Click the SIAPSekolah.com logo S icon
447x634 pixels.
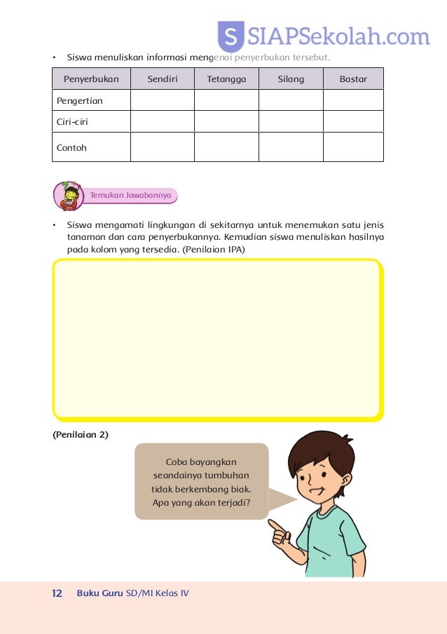[231, 37]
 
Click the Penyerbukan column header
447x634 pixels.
[91, 79]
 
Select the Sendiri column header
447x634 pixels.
[163, 79]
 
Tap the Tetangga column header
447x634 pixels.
[226, 79]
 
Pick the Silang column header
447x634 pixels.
[291, 79]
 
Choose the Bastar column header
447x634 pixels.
[353, 79]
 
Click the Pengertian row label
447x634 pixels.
[80, 100]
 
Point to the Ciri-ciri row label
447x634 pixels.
[72, 121]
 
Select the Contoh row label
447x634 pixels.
[72, 148]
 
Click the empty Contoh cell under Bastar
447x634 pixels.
[353, 147]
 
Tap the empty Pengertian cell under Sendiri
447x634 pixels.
[163, 100]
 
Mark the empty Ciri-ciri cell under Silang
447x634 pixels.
[291, 121]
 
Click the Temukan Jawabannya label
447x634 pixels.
[131, 196]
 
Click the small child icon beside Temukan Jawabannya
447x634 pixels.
[69, 196]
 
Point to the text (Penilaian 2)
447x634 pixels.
[81, 435]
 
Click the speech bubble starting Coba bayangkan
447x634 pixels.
[201, 482]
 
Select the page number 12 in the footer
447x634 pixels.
[57, 593]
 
